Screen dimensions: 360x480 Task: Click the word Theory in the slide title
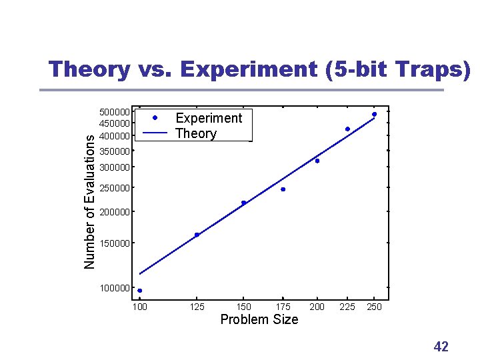(89, 69)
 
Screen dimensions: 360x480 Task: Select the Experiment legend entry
(208, 118)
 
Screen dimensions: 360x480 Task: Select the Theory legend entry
(195, 133)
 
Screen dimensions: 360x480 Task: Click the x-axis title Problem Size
(259, 319)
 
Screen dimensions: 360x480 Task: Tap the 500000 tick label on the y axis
(115, 112)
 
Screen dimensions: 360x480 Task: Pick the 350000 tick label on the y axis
(115, 151)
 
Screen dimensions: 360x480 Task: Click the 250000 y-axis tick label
(115, 188)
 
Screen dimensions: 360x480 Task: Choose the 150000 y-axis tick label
(115, 243)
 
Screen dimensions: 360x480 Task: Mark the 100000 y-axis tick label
(115, 287)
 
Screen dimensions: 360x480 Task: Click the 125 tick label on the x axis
(197, 307)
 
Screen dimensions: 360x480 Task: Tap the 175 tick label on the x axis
(283, 307)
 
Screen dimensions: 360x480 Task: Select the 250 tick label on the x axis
(374, 307)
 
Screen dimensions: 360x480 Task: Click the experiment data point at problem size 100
(140, 291)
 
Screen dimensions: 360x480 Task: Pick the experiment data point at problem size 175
(283, 189)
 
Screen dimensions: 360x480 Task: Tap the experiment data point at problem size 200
(317, 161)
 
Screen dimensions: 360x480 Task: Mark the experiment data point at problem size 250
(374, 114)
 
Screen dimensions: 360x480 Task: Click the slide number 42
(441, 346)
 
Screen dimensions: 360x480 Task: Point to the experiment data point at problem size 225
(347, 129)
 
